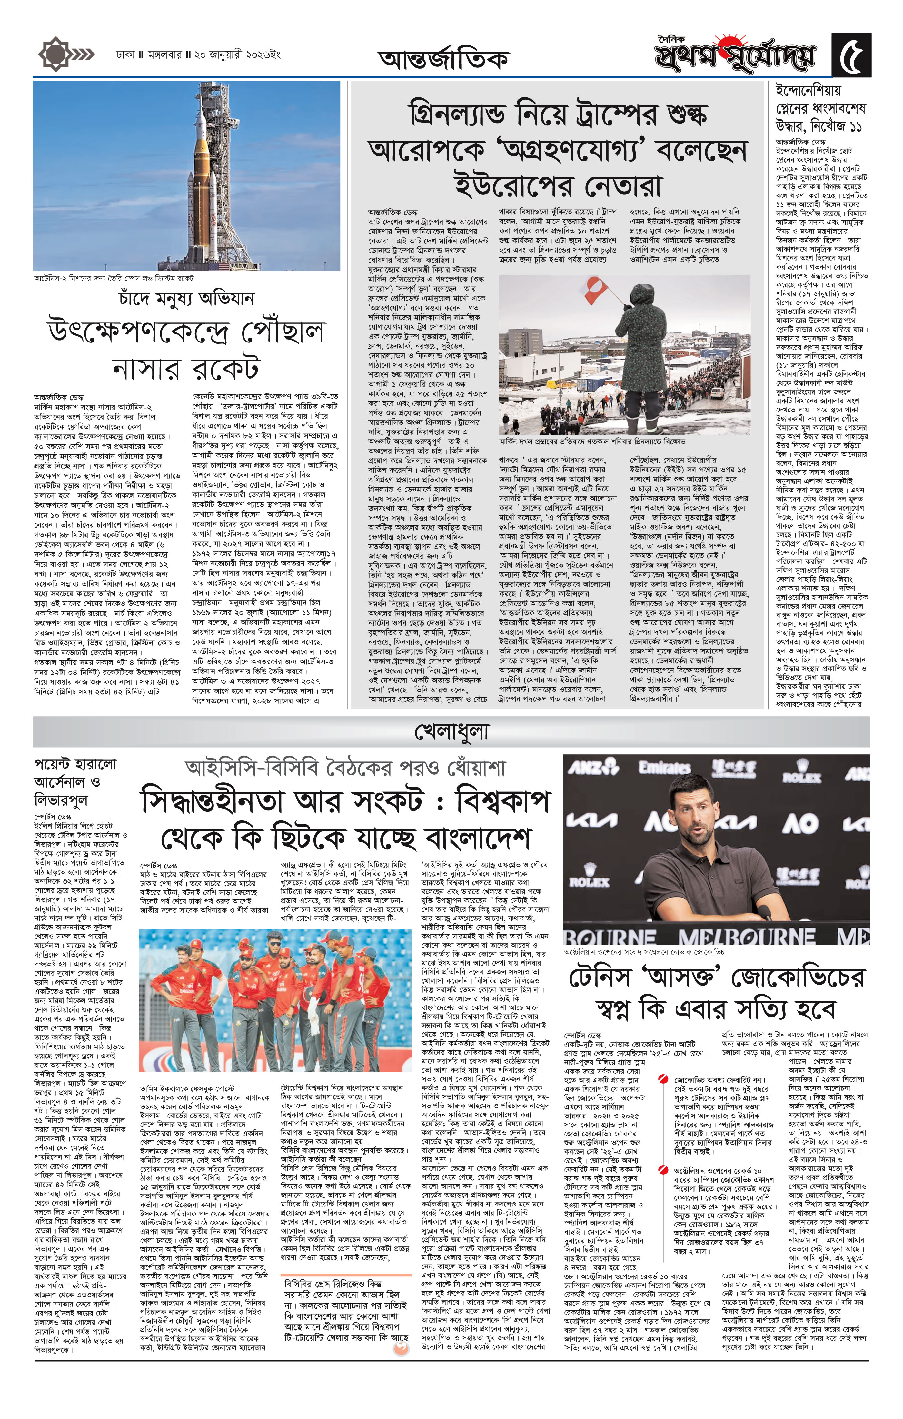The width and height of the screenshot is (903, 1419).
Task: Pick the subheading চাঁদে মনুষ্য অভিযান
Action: point(186,298)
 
